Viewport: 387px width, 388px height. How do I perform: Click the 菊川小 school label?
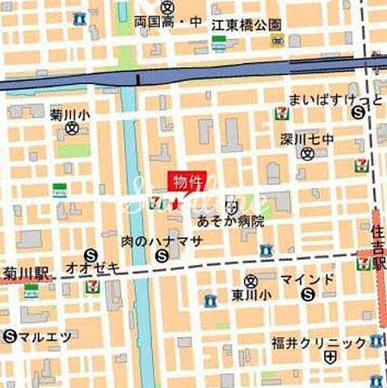70,115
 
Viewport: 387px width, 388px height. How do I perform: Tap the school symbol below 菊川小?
71,129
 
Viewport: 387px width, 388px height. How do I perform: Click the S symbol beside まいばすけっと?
357,114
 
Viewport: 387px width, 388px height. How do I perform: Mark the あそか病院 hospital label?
230,220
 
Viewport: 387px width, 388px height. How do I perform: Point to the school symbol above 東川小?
250,280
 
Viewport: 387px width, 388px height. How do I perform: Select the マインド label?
307,279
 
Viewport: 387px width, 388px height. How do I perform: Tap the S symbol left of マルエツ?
11,335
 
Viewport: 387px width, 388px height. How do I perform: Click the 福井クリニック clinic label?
320,342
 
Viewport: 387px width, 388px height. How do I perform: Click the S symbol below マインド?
307,295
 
